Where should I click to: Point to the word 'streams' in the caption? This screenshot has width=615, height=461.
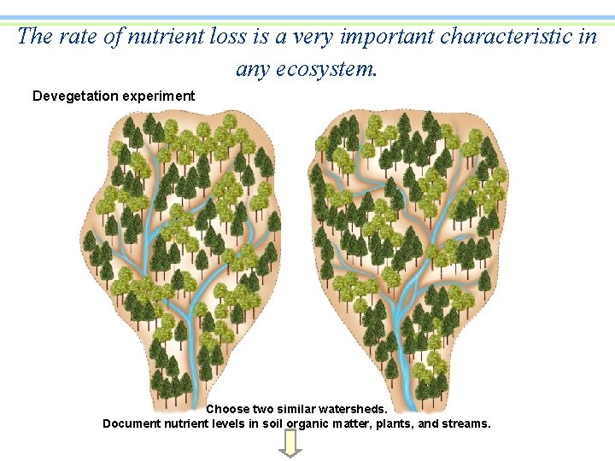pos(466,423)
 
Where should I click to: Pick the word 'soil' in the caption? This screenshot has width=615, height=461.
pos(271,423)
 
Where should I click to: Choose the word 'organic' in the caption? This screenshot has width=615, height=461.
pos(307,423)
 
